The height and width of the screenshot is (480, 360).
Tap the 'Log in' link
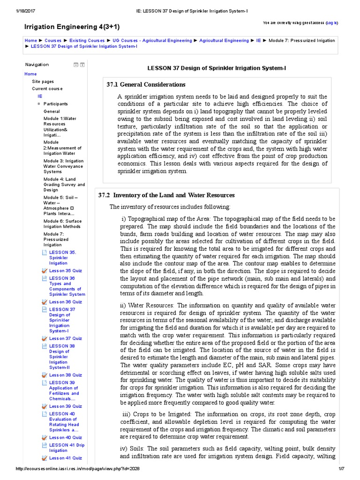331,22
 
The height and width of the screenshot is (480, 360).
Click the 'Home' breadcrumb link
30,41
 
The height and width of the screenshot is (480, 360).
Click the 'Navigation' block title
37,65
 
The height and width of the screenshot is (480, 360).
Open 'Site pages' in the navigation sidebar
43,82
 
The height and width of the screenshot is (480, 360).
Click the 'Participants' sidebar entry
55,104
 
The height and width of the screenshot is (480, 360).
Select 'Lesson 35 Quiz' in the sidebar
65,270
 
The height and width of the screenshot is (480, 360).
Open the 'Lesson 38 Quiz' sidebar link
65,375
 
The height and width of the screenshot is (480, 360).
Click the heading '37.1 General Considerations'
146,85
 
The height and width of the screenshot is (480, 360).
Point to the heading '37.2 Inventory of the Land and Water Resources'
166,195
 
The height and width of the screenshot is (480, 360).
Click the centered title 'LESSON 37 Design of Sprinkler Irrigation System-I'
217,68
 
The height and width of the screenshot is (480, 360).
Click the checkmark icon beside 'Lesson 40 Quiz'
44,437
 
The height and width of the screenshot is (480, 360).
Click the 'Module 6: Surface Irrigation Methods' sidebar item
62,224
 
